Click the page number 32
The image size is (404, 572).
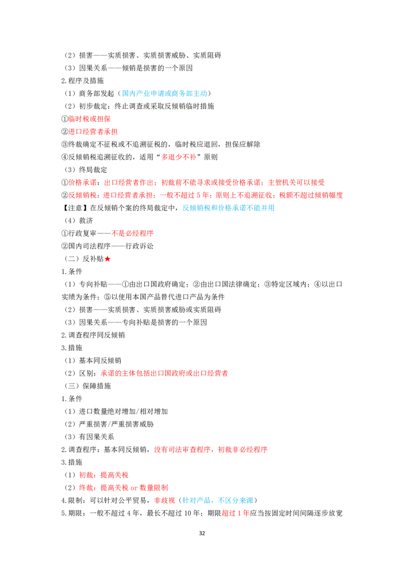(x=202, y=533)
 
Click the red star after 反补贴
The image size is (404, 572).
(x=108, y=259)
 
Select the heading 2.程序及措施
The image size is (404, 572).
(x=83, y=81)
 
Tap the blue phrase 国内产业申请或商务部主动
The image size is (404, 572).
(x=165, y=93)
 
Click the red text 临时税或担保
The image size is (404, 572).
(x=90, y=119)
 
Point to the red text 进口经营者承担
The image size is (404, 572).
(x=93, y=132)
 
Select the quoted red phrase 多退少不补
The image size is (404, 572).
(x=179, y=157)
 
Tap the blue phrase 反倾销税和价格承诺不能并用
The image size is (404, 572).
(x=229, y=208)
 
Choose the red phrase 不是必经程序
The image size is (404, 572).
(x=132, y=233)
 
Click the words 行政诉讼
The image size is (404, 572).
(x=140, y=246)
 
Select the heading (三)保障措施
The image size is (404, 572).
(x=87, y=386)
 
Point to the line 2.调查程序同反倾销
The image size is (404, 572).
(x=93, y=335)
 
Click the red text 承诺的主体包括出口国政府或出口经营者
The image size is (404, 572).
(x=165, y=373)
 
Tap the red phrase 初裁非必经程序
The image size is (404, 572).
(x=243, y=449)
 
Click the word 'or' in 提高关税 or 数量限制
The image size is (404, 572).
(x=134, y=488)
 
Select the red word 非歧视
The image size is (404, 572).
(x=165, y=500)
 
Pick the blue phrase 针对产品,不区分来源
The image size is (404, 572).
(x=218, y=500)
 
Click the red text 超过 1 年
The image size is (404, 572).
(x=235, y=513)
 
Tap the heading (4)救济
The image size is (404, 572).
(x=79, y=221)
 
